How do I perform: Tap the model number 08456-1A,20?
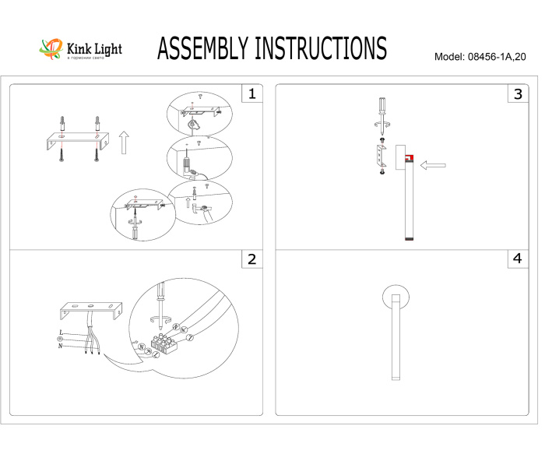501,58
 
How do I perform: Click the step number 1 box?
251,94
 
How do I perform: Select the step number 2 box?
251,259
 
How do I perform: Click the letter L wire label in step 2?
61,333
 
